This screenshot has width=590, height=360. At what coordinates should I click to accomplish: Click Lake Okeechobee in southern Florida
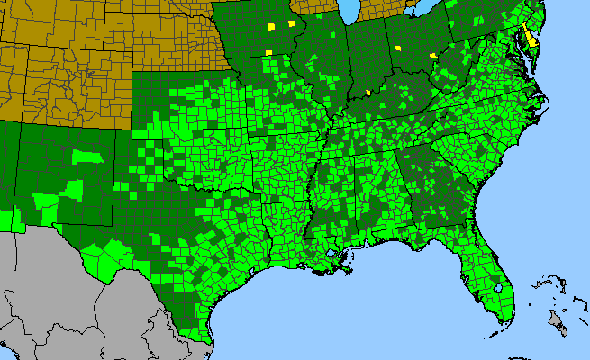498,288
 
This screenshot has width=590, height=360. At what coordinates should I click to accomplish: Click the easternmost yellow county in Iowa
291,24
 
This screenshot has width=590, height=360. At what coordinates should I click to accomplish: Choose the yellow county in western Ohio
397,48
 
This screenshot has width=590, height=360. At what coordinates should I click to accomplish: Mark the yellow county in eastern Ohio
434,55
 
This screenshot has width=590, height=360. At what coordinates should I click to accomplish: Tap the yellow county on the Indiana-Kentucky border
368,92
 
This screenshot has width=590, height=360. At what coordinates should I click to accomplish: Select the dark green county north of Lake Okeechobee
495,271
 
